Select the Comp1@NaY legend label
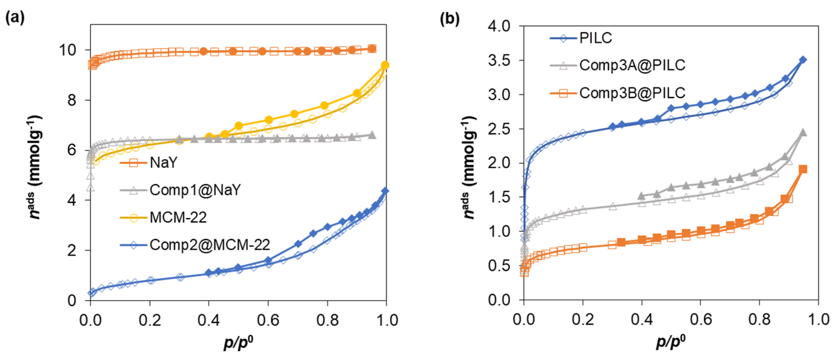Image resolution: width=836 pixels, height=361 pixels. point(195,190)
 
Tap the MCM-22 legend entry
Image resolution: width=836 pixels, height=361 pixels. point(178,217)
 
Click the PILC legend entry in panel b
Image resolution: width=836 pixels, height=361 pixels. point(595,38)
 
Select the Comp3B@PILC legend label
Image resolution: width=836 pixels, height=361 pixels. point(632,93)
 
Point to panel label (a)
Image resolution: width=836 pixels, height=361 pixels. point(15,18)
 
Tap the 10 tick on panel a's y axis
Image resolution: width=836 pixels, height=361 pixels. point(67,50)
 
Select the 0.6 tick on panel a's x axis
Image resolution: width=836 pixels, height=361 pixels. point(268,320)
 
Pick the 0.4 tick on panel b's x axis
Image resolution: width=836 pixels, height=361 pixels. point(642,320)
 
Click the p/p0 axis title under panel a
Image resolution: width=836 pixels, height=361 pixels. point(238,342)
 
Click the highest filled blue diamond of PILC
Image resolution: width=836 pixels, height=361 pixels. point(803,60)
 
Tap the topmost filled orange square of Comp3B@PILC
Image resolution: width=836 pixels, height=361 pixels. point(803,169)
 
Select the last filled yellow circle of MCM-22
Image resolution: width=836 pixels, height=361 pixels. point(385,65)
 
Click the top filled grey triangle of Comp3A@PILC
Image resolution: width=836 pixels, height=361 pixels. point(803,132)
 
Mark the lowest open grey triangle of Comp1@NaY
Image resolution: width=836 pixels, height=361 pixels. point(91,187)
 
